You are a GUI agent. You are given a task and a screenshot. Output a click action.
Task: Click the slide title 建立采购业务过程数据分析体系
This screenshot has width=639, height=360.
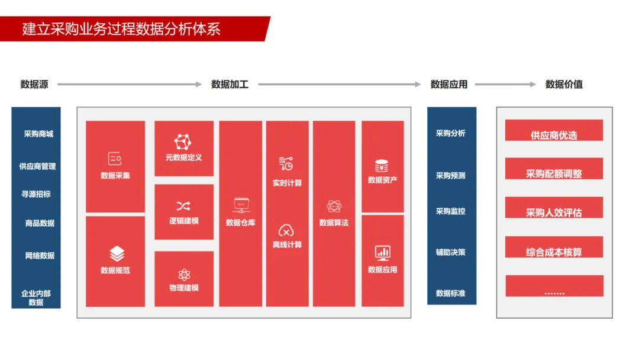click(x=121, y=29)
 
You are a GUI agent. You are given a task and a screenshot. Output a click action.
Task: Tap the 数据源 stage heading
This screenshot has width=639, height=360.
click(x=34, y=84)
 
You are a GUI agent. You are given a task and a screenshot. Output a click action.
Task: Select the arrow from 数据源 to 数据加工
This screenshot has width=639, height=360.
click(x=130, y=84)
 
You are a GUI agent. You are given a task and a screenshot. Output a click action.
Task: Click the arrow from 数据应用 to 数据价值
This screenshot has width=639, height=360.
click(x=505, y=84)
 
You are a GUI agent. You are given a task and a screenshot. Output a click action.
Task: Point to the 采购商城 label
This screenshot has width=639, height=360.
click(x=38, y=134)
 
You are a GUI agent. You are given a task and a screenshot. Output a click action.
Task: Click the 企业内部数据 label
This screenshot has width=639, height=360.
click(x=36, y=297)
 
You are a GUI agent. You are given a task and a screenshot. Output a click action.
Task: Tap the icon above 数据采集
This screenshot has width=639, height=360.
click(x=115, y=159)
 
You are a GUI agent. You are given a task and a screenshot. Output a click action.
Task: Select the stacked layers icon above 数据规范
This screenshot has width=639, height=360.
click(x=117, y=254)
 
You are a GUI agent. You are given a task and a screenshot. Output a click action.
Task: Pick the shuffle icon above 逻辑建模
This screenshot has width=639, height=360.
click(x=183, y=206)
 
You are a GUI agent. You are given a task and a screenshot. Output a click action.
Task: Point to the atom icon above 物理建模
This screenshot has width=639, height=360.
click(x=183, y=275)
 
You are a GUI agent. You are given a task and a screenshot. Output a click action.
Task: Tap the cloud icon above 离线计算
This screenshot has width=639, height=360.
click(x=286, y=230)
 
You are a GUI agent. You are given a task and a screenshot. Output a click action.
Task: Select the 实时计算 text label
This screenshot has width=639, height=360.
click(x=287, y=183)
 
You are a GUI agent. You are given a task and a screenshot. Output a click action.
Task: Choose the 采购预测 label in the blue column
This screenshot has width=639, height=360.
click(x=450, y=175)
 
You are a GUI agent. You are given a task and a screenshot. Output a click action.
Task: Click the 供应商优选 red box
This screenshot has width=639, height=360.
click(x=554, y=131)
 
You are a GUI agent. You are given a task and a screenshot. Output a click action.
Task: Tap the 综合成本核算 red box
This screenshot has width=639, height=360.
click(x=554, y=247)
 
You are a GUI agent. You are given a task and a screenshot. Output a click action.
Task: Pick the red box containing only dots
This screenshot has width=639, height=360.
click(x=554, y=286)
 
